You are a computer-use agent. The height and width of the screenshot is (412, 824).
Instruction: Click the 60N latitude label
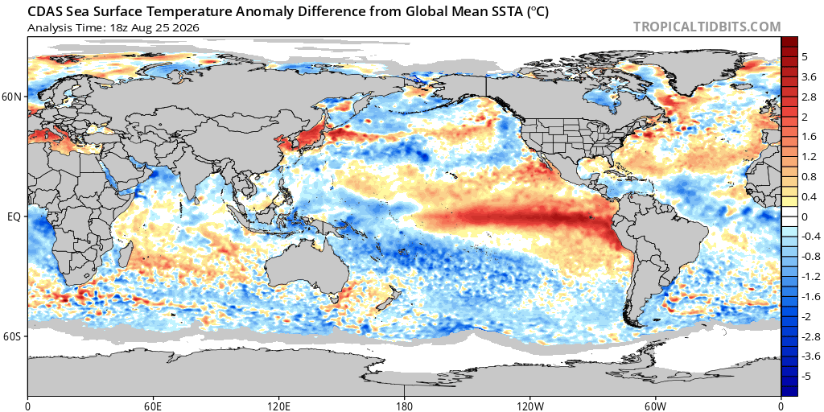13,97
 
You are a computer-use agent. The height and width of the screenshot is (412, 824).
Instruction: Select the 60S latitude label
13,336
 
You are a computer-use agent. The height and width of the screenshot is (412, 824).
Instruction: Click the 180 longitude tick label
404,406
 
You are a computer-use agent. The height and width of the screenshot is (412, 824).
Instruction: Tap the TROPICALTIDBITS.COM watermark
707,27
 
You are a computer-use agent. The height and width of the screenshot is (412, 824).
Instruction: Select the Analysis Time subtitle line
113,28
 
